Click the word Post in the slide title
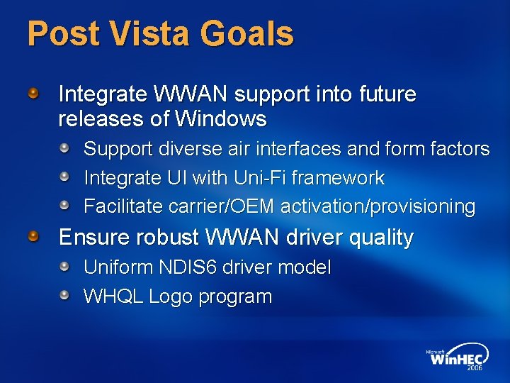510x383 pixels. (x=59, y=33)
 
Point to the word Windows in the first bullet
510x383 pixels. (x=222, y=119)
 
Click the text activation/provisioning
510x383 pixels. (x=378, y=206)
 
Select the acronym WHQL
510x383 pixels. (x=113, y=296)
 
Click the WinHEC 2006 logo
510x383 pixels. (x=457, y=358)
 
